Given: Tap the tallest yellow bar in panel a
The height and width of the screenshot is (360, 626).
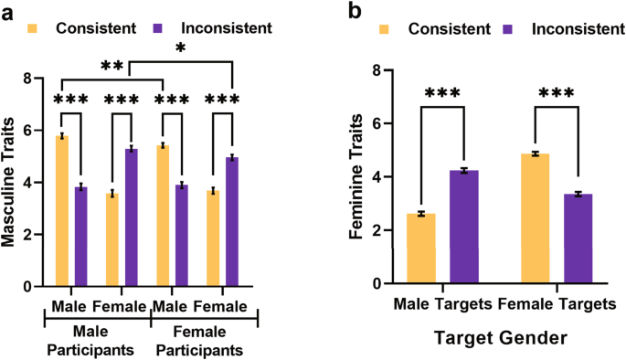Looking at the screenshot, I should [x=61, y=211].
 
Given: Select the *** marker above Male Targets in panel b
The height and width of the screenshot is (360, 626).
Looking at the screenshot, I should [x=445, y=94].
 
